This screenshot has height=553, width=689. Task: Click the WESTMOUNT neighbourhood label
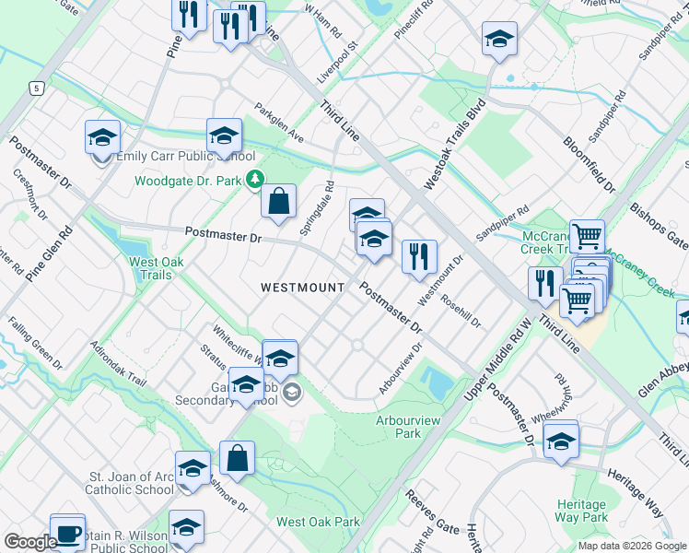[302, 288]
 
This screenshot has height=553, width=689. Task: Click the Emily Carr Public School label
[179, 157]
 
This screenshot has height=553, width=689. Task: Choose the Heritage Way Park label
[581, 511]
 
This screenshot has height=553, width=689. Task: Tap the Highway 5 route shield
[35, 88]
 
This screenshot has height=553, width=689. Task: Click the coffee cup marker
[67, 532]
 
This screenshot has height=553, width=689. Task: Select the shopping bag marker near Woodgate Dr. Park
[278, 201]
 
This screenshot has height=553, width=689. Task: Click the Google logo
[31, 542]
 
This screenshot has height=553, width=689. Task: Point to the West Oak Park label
[318, 522]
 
